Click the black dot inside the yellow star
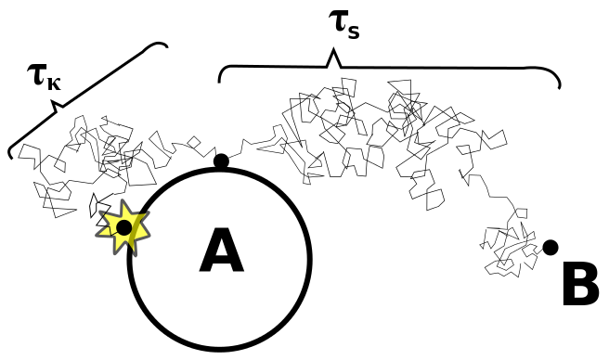tap(123, 227)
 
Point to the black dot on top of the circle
tap(221, 161)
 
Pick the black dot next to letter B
tap(551, 247)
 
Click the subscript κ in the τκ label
tap(53, 81)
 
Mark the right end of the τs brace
tap(560, 88)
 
